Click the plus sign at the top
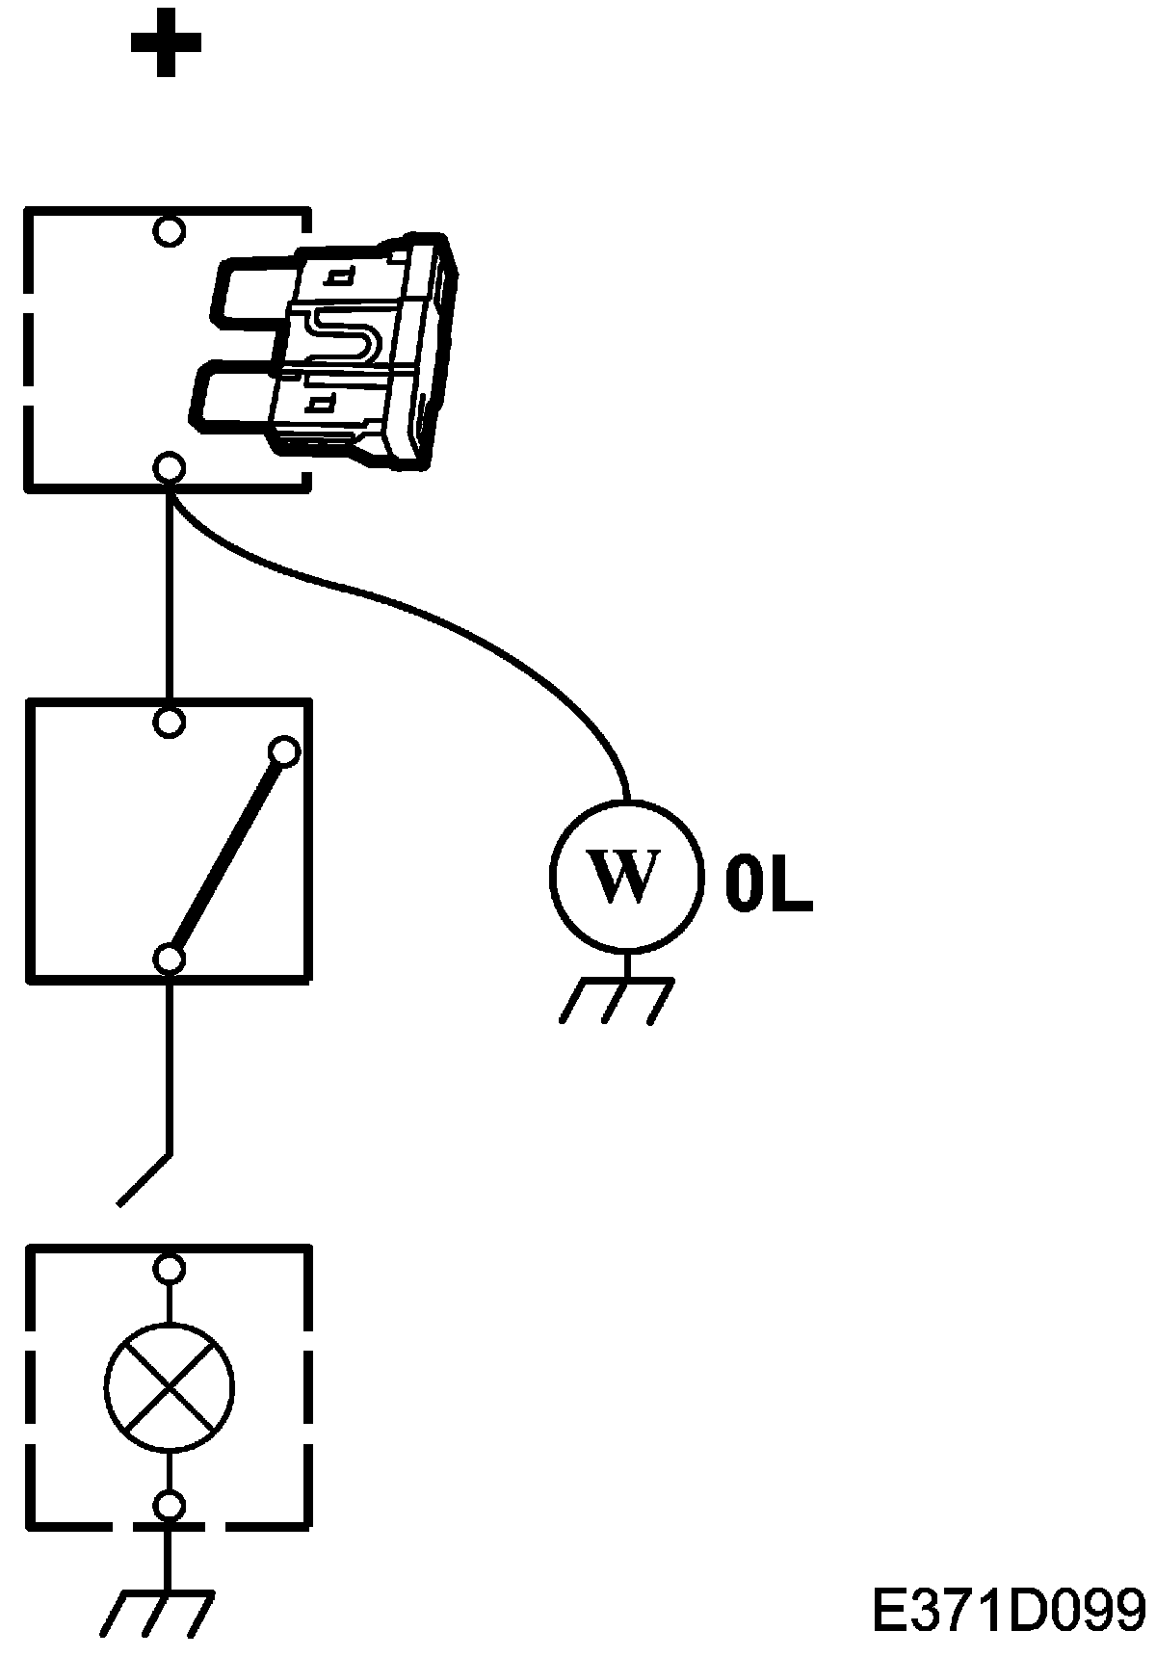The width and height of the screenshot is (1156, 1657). click(x=166, y=43)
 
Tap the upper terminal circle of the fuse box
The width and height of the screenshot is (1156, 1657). click(x=170, y=231)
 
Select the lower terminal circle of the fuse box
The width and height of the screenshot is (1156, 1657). click(x=170, y=468)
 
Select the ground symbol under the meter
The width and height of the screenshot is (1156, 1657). click(x=617, y=998)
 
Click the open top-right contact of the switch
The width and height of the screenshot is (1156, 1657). click(x=285, y=750)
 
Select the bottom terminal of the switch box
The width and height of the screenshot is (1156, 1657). click(x=170, y=960)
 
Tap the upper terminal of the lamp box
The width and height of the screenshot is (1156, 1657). click(x=170, y=1270)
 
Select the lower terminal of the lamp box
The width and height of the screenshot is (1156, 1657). click(x=170, y=1505)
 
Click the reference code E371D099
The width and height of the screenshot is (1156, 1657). click(x=1008, y=1609)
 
